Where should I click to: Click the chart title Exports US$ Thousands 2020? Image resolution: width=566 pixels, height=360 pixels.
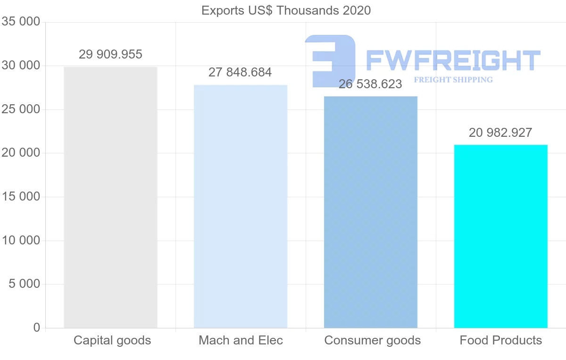tap(286, 10)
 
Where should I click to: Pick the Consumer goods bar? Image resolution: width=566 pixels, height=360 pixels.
tap(371, 212)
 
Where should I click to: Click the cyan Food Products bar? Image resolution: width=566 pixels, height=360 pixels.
tap(500, 236)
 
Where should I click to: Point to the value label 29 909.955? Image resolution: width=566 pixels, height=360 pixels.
tap(110, 55)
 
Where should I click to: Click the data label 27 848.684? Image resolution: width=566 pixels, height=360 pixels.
tap(240, 73)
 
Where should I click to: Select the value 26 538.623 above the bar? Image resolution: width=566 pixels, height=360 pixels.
tap(370, 84)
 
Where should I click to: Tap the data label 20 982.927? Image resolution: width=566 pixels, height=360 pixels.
tap(500, 133)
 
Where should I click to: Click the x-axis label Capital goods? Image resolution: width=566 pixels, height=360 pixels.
tap(112, 340)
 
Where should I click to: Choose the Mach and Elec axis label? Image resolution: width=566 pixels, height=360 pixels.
tap(241, 340)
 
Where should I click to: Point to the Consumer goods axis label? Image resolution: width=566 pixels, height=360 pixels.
tap(372, 340)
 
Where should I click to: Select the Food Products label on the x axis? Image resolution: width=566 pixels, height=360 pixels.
tap(501, 340)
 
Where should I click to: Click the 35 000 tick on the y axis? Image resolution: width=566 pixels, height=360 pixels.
tap(21, 22)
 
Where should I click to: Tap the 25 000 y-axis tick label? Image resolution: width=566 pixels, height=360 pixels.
tap(21, 109)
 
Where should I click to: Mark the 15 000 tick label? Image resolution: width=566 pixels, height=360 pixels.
tap(21, 197)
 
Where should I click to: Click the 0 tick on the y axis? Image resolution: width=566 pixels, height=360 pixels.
tap(37, 328)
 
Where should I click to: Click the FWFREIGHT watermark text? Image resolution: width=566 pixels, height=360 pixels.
tap(453, 60)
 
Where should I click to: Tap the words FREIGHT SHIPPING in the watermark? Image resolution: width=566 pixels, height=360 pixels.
tap(453, 80)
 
